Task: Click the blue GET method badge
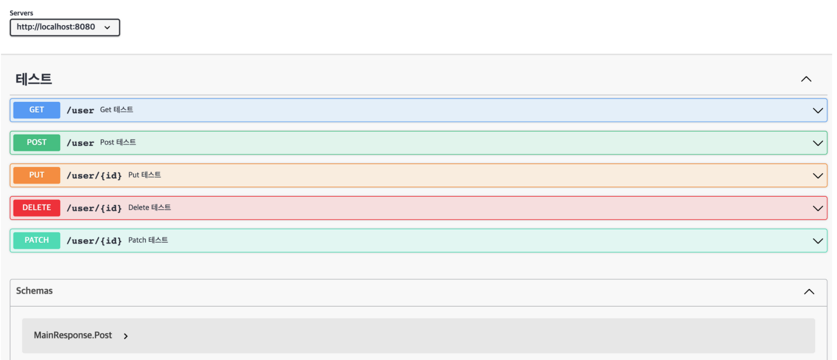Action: [x=37, y=110]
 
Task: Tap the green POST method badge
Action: [x=37, y=142]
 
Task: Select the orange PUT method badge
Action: [x=37, y=175]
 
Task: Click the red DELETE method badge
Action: [x=37, y=208]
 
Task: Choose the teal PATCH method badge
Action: [x=37, y=240]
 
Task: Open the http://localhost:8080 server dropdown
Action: [x=64, y=27]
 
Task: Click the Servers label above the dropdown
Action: [x=21, y=13]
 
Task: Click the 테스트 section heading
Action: [x=33, y=79]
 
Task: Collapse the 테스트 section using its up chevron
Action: [x=806, y=79]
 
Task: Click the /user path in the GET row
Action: [x=80, y=110]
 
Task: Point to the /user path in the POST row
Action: [x=80, y=143]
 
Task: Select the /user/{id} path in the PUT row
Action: [x=94, y=176]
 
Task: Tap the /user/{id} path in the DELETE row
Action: [x=94, y=208]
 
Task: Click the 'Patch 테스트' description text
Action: [x=148, y=240]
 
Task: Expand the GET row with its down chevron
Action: [x=818, y=110]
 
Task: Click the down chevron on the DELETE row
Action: [x=818, y=208]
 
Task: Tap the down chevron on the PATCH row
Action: [x=818, y=240]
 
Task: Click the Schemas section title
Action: [x=34, y=291]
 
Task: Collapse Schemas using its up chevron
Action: [x=809, y=291]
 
